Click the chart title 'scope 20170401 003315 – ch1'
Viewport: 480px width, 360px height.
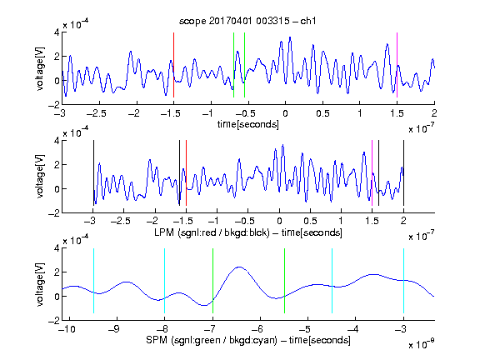[x=247, y=21]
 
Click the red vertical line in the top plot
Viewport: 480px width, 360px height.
[x=173, y=65]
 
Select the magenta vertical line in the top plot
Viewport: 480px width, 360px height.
[x=397, y=65]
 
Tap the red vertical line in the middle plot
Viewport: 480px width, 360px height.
[x=186, y=173]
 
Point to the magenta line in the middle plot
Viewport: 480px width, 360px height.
[x=372, y=173]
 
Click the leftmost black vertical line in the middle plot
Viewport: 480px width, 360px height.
[x=93, y=173]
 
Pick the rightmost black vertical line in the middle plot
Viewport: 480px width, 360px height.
[x=403, y=173]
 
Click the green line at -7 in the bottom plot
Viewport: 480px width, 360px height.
[x=212, y=281]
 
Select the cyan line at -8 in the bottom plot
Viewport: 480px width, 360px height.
[x=165, y=281]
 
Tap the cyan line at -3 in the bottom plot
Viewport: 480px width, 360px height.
[x=403, y=281]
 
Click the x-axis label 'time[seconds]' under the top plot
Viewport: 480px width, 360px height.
[x=248, y=124]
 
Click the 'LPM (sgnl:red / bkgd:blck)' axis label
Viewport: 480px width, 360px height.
[x=212, y=232]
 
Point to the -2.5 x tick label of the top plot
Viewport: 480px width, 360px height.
[x=97, y=113]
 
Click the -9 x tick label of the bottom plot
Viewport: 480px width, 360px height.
[x=114, y=329]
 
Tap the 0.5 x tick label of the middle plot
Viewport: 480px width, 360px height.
[x=310, y=221]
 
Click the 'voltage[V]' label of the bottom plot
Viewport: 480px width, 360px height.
[x=40, y=284]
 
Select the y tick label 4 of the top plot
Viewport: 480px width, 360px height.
[x=57, y=32]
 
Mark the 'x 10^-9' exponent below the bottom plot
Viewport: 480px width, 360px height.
[x=421, y=343]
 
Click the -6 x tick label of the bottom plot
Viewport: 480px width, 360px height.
[x=259, y=329]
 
